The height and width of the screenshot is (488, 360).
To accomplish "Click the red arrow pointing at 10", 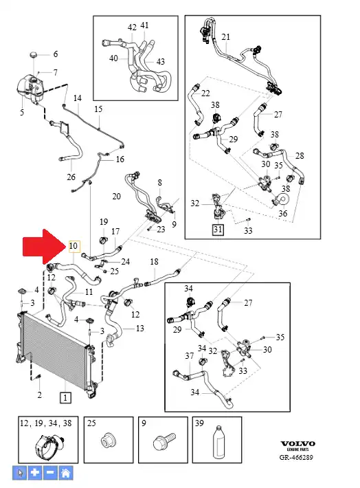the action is (x=43, y=247).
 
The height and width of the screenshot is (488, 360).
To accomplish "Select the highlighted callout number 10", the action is (x=73, y=246).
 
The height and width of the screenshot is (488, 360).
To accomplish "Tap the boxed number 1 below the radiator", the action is (x=65, y=398).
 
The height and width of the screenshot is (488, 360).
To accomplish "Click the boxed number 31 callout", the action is (x=218, y=230).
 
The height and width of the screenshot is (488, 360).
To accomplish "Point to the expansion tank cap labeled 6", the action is (x=34, y=55).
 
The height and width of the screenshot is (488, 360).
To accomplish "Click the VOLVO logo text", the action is (x=297, y=443).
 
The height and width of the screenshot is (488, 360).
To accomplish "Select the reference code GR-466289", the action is (x=296, y=458).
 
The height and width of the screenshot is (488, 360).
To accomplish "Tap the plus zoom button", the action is (x=35, y=473).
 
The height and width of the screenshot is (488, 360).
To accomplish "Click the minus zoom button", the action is (x=50, y=473).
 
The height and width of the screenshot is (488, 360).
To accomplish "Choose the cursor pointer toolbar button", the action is (x=20, y=473).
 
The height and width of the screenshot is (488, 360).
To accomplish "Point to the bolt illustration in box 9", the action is (x=164, y=441).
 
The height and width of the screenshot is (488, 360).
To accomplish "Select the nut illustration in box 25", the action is (x=108, y=441).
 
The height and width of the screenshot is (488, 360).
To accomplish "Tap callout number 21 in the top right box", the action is (x=226, y=37).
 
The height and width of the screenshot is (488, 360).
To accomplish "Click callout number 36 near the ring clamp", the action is (x=282, y=214).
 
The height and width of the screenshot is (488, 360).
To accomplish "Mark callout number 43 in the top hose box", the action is (x=160, y=62).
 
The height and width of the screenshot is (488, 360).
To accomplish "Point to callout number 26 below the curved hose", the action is (x=71, y=177).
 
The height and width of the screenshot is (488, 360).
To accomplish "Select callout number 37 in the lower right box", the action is (x=189, y=355).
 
